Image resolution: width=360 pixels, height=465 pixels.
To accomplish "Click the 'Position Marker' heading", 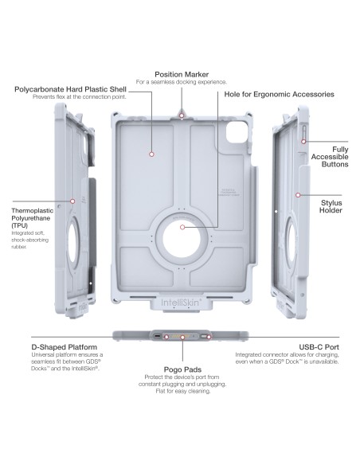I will point(182,73).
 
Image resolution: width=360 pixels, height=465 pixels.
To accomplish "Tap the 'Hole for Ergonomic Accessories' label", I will point(276,94).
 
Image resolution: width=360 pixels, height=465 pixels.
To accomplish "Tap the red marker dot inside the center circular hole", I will point(182,227).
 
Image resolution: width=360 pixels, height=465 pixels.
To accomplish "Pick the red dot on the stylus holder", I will point(296,193).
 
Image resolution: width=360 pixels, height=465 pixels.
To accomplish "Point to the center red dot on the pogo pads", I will point(182,336).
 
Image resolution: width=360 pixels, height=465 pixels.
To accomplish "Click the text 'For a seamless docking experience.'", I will point(182,82).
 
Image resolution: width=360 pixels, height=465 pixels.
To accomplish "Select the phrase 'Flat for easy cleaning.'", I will point(182,391).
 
